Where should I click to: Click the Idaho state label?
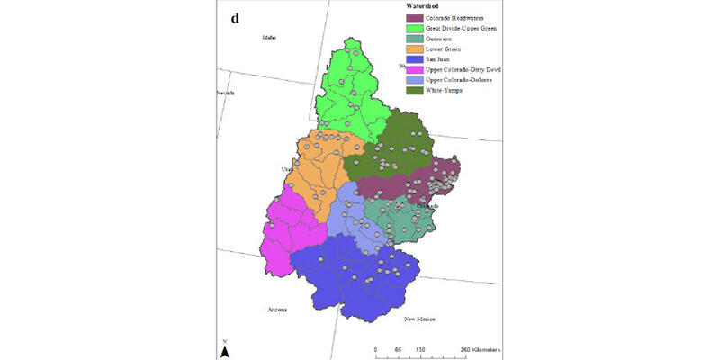point(268,37)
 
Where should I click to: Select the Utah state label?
point(288,168)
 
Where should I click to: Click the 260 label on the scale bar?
point(464,347)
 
